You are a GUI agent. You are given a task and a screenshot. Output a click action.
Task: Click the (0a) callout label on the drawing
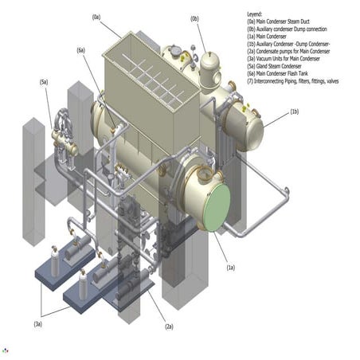pos(97,16)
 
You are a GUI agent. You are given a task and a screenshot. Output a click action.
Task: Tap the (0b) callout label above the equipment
pos(195,18)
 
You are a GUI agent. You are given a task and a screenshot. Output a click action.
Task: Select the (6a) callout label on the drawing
pos(81,50)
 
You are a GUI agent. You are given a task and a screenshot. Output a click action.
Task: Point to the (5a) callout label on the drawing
pos(44,82)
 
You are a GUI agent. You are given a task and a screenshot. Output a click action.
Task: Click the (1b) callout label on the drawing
pos(295,111)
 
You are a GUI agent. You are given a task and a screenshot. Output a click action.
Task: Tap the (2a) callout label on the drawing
pos(168,327)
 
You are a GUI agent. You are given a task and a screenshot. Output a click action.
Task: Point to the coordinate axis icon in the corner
pos(6,350)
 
